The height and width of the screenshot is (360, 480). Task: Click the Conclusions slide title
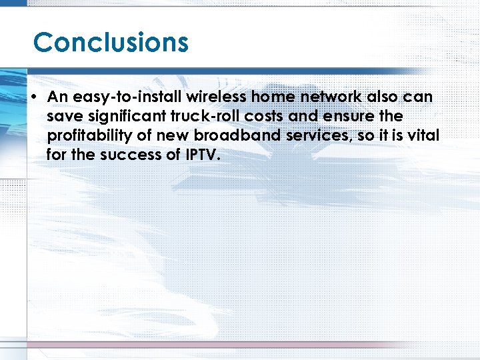[x=111, y=43]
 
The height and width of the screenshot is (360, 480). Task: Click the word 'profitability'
[x=90, y=136]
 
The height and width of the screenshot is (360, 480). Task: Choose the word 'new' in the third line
[x=171, y=136]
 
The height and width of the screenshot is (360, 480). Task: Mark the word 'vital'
[x=424, y=136]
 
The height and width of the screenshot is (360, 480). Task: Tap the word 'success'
[x=136, y=155]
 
